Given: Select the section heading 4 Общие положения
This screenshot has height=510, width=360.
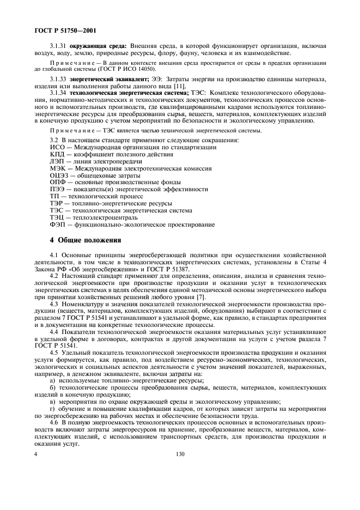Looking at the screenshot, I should coord(85,240).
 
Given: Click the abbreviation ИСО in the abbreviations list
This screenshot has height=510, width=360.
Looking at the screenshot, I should coord(57,147).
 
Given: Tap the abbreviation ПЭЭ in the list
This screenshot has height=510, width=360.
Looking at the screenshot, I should coord(58,189).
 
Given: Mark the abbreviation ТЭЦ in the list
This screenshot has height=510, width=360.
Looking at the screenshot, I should coord(57,217).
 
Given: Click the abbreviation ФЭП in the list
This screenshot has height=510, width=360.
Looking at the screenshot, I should coord(58,224).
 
